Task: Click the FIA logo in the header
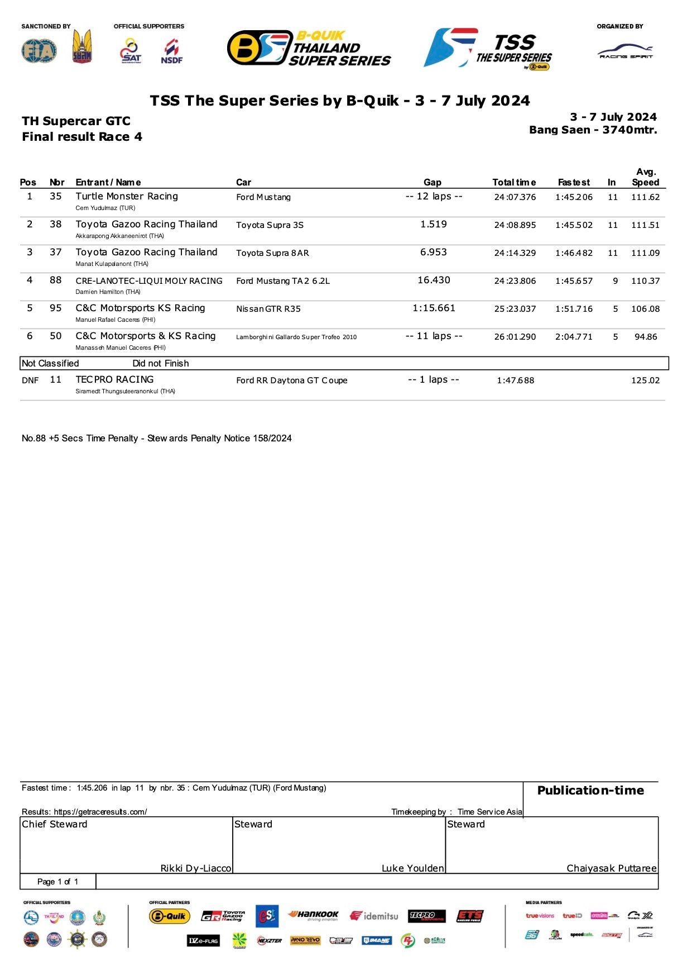click(x=39, y=51)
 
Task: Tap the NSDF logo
click(x=172, y=51)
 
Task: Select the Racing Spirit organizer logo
click(x=626, y=52)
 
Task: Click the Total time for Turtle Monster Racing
click(x=515, y=197)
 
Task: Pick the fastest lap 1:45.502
click(x=574, y=225)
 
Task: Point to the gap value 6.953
click(x=434, y=253)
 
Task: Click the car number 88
click(x=56, y=280)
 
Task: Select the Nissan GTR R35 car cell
click(x=268, y=309)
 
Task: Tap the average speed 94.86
click(x=646, y=337)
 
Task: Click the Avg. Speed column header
click(x=646, y=177)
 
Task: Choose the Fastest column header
click(x=574, y=183)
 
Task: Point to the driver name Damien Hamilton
click(x=108, y=292)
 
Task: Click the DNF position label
click(x=30, y=380)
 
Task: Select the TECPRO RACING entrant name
click(x=114, y=379)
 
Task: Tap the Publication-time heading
click(x=590, y=791)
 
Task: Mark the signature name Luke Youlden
click(x=412, y=868)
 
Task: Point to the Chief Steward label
click(x=55, y=824)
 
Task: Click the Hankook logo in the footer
click(x=313, y=915)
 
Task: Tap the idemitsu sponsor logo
click(x=374, y=916)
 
